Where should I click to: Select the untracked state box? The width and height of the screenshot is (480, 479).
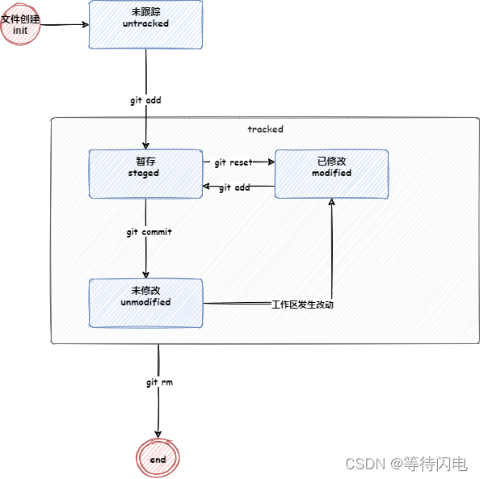[145, 24]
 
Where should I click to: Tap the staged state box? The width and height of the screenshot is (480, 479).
[145, 174]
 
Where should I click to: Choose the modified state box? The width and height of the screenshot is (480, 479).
[331, 174]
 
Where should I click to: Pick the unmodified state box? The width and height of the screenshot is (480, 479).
[145, 303]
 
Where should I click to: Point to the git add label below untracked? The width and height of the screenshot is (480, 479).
[146, 101]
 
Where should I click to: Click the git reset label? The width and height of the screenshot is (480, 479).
[234, 162]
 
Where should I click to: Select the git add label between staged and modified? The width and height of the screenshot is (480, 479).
[234, 187]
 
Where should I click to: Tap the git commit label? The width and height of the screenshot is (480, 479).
[149, 232]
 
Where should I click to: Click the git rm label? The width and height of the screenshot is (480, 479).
[159, 382]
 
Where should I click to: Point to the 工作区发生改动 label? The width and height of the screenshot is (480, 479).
[302, 305]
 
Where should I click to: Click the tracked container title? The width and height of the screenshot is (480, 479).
[265, 129]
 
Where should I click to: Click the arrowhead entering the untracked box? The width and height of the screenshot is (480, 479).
[85, 24]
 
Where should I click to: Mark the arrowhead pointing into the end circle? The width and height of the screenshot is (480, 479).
[158, 436]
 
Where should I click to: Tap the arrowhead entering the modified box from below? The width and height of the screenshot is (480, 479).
[331, 202]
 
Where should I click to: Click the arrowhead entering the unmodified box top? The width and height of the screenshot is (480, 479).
[146, 275]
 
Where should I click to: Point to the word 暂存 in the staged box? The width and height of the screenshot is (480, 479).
[145, 161]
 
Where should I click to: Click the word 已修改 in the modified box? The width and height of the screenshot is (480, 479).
[331, 161]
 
